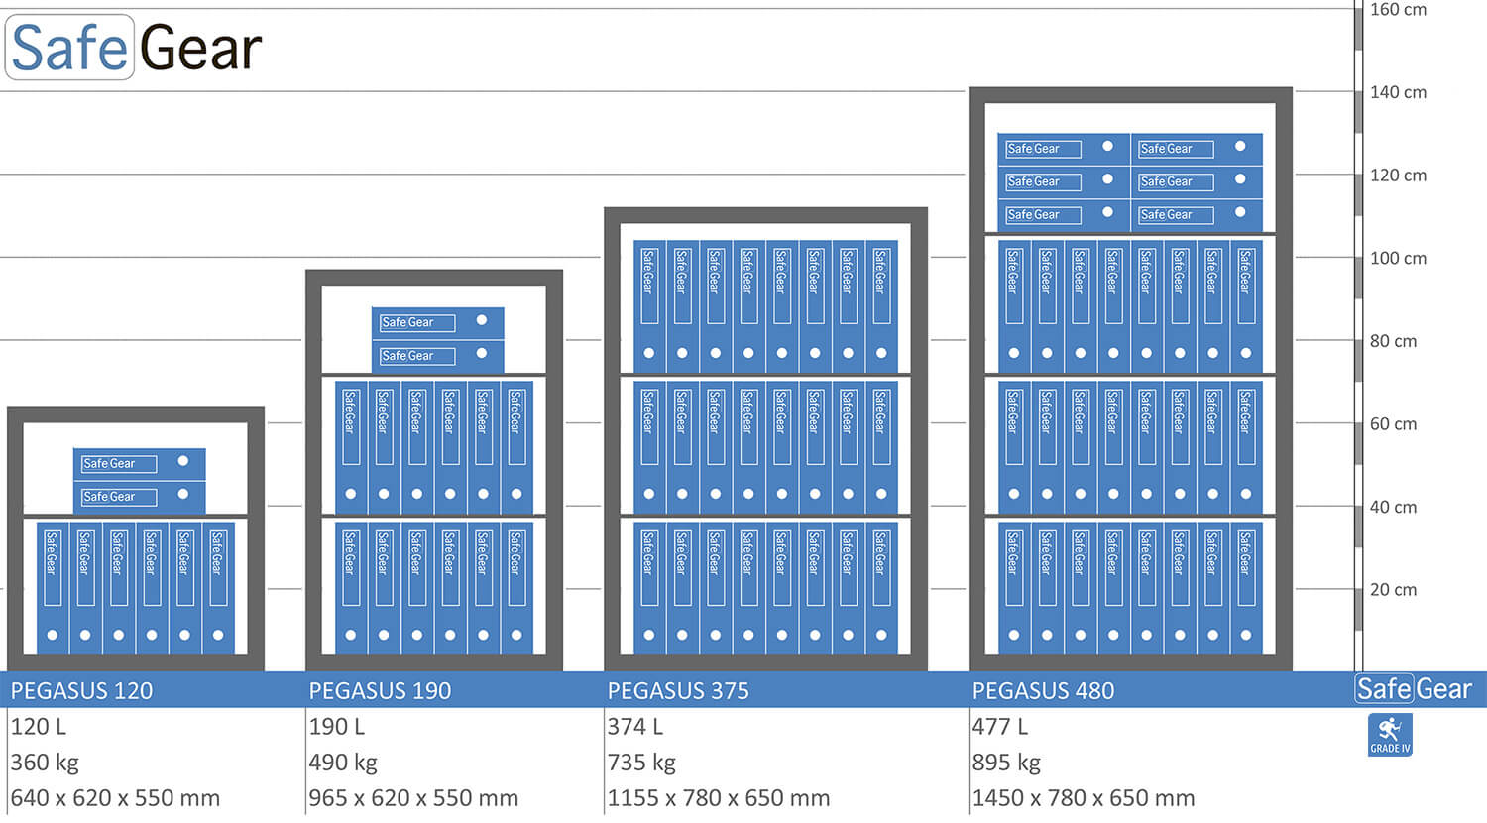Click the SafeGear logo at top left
(135, 48)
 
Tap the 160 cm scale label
(1398, 10)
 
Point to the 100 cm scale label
(1398, 258)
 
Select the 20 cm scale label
(1393, 589)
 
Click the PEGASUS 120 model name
(81, 690)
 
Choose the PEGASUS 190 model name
(380, 690)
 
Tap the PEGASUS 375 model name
(678, 690)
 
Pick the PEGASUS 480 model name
(1043, 690)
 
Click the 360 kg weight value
(45, 763)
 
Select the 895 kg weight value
(1006, 763)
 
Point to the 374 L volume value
(635, 727)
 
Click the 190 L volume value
(337, 727)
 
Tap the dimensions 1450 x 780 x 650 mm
(1084, 798)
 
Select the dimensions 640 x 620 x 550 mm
(115, 798)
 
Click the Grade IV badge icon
(1390, 735)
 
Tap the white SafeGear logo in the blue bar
(1414, 689)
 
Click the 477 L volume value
(1000, 727)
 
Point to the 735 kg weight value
(641, 763)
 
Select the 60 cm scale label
(1393, 423)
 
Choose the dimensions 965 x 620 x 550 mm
(413, 798)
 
